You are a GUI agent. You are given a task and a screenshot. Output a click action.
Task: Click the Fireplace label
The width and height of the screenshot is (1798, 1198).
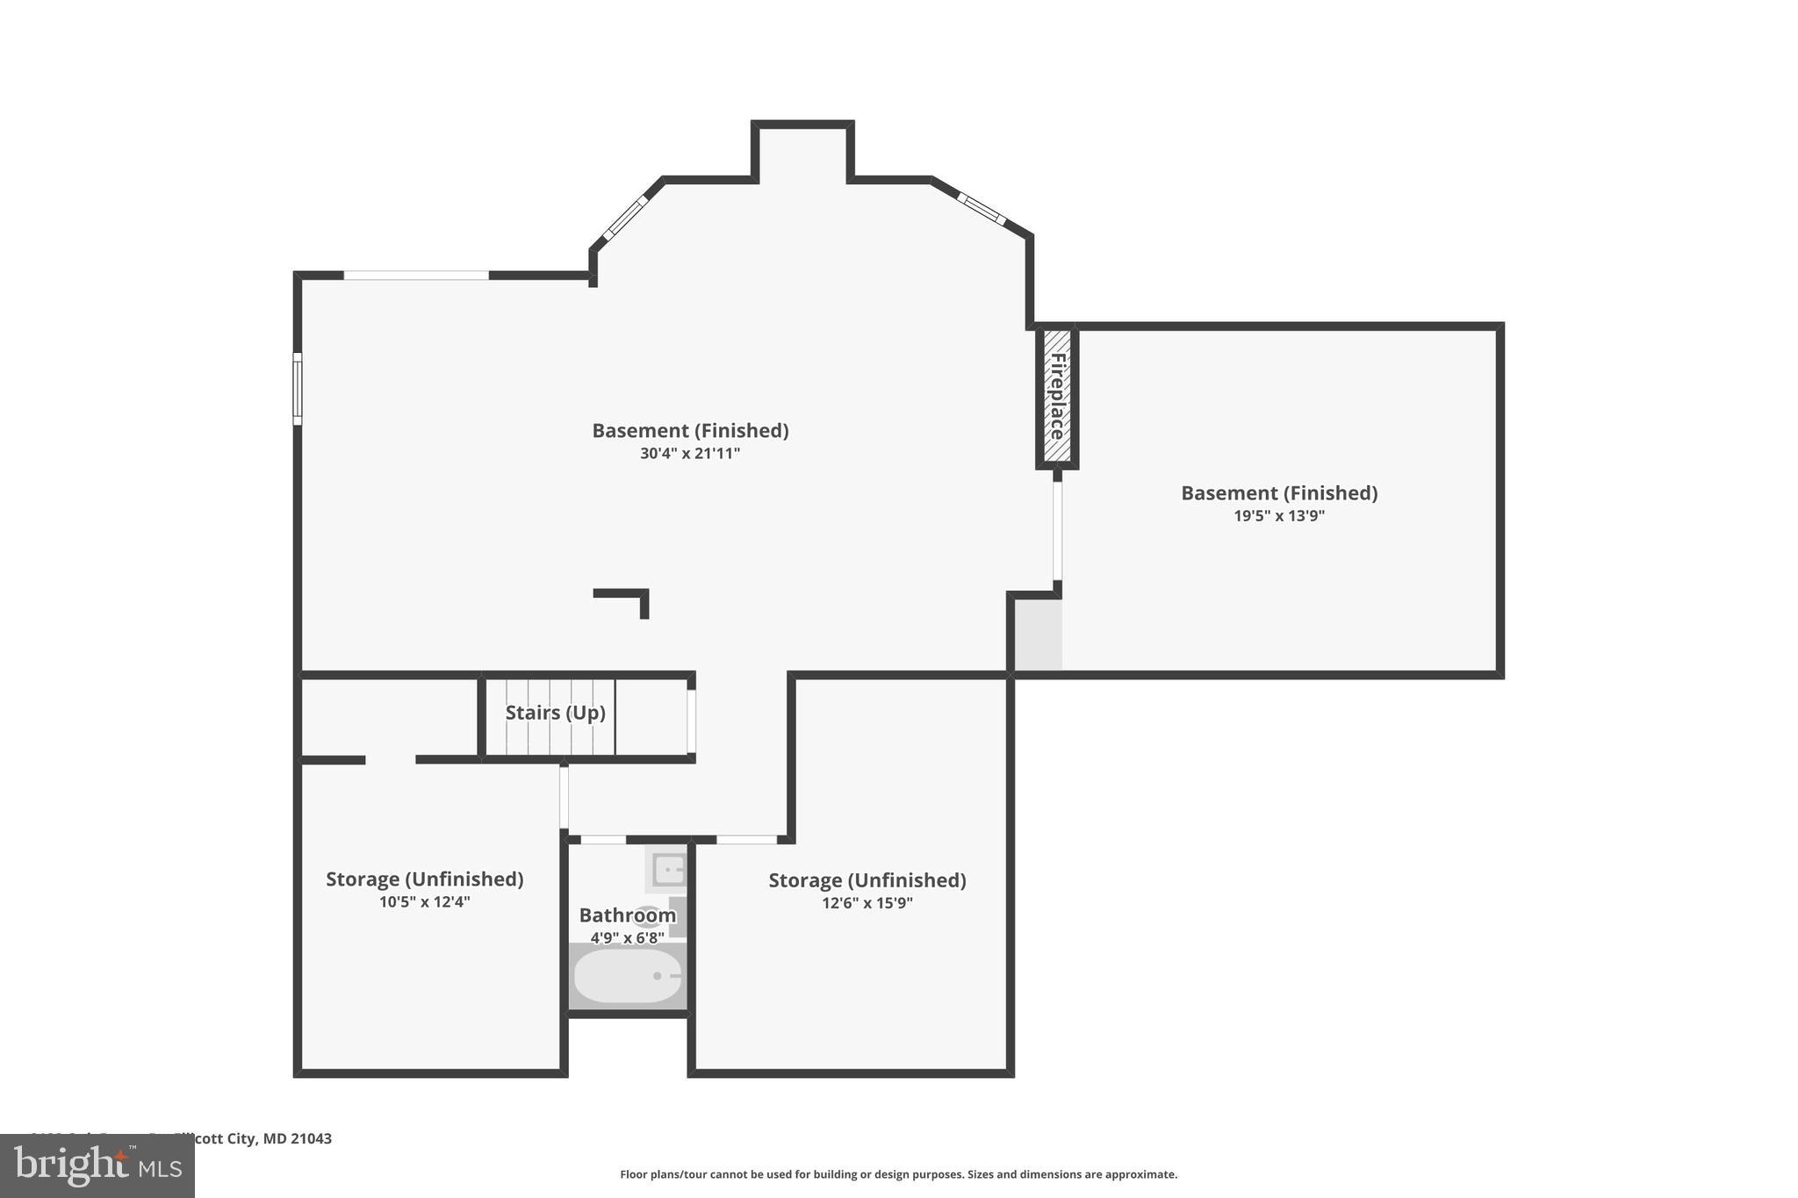(x=1057, y=397)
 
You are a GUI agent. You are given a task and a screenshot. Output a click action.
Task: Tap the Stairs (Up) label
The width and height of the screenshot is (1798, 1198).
(x=555, y=713)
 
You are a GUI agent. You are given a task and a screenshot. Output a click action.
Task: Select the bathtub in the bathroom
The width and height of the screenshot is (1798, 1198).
(x=627, y=976)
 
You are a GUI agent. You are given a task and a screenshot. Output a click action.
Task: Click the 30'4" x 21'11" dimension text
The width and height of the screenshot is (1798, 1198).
(x=690, y=454)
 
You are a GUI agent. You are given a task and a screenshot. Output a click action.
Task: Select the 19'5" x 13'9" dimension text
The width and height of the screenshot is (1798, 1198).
(x=1278, y=516)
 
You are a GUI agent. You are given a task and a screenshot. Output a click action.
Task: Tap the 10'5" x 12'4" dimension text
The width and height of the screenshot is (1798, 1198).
(x=424, y=902)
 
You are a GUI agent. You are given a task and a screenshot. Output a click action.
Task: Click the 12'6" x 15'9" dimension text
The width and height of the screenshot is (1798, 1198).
(x=867, y=903)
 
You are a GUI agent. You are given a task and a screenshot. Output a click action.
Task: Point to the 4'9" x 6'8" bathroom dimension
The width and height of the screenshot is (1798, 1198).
(x=627, y=938)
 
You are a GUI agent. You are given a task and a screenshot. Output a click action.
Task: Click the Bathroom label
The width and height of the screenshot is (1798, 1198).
(x=627, y=915)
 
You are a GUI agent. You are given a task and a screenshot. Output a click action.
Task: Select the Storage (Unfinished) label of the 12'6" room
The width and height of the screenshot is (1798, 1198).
(x=867, y=880)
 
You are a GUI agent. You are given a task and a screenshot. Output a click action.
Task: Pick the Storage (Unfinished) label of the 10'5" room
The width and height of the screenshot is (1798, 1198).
(x=424, y=879)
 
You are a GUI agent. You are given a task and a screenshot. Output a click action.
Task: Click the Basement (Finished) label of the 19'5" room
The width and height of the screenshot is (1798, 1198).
(x=1278, y=493)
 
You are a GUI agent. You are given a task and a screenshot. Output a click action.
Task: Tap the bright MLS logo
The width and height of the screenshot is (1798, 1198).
(x=97, y=1166)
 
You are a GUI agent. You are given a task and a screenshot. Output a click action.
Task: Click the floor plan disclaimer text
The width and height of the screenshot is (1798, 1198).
(x=898, y=1174)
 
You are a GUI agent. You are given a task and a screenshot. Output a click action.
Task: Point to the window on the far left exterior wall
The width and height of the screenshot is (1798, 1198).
(x=298, y=389)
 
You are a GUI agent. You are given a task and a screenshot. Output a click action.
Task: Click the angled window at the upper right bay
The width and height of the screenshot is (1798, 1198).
(x=981, y=208)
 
